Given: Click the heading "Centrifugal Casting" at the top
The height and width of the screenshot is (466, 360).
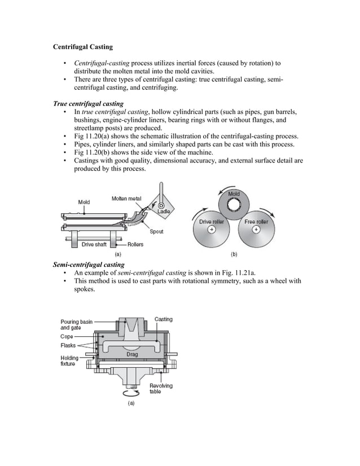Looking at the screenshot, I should (x=82, y=47).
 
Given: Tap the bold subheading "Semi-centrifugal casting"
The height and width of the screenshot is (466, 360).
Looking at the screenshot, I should (x=88, y=264).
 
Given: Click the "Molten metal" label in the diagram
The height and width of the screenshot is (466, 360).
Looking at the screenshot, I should (x=126, y=198).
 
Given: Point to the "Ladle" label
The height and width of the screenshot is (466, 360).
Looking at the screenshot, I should (x=164, y=212).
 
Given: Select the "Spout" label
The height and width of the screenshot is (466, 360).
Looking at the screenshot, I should (x=157, y=231).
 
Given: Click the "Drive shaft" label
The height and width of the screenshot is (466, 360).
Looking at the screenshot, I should (x=94, y=244).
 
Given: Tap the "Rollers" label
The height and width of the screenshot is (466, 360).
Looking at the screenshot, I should (x=135, y=244).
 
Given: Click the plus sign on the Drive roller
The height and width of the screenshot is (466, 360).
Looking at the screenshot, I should (x=212, y=230).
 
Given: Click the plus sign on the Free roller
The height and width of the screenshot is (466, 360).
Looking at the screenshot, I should (x=256, y=230).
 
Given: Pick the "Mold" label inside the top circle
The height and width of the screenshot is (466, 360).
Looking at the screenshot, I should (x=234, y=195).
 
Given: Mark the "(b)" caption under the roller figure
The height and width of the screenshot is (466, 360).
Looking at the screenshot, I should (x=234, y=254).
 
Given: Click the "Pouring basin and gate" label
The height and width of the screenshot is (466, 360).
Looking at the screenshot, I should (x=76, y=324).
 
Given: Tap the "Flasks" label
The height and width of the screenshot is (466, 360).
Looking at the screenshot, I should (x=69, y=345).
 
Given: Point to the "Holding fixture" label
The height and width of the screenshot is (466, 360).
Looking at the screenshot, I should (x=69, y=361).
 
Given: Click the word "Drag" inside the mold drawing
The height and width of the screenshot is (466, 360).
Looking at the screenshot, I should (x=131, y=354).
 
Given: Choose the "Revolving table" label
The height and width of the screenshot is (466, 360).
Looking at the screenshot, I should (x=161, y=388).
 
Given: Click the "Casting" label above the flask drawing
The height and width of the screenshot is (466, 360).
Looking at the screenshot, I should (x=164, y=319).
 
